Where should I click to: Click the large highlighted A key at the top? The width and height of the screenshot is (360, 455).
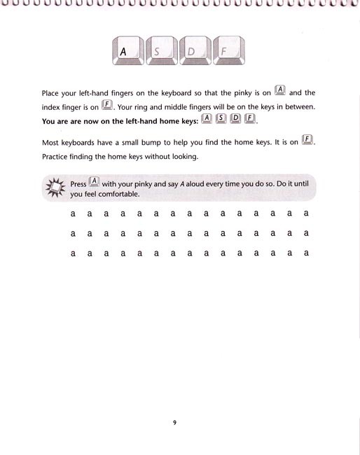tap(126, 50)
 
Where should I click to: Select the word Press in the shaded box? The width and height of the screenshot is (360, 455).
tap(78, 184)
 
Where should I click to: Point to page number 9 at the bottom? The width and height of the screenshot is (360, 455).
tap(174, 422)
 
